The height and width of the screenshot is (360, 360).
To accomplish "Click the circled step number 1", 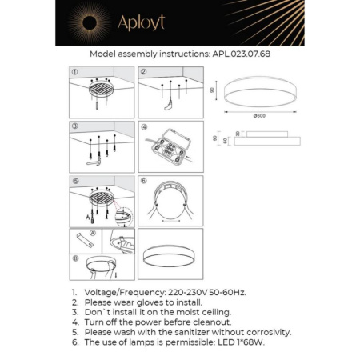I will tap(74, 71).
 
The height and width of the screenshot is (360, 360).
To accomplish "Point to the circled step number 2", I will tap(144, 71).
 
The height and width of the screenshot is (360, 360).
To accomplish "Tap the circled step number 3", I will tap(74, 126).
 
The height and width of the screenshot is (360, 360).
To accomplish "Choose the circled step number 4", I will tap(144, 126).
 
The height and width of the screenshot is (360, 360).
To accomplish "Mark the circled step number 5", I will tap(74, 181).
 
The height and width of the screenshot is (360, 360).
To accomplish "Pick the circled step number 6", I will tap(144, 181).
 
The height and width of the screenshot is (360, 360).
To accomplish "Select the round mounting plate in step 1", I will tap(99, 89).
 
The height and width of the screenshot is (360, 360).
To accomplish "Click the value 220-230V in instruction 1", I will tap(192, 294).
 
